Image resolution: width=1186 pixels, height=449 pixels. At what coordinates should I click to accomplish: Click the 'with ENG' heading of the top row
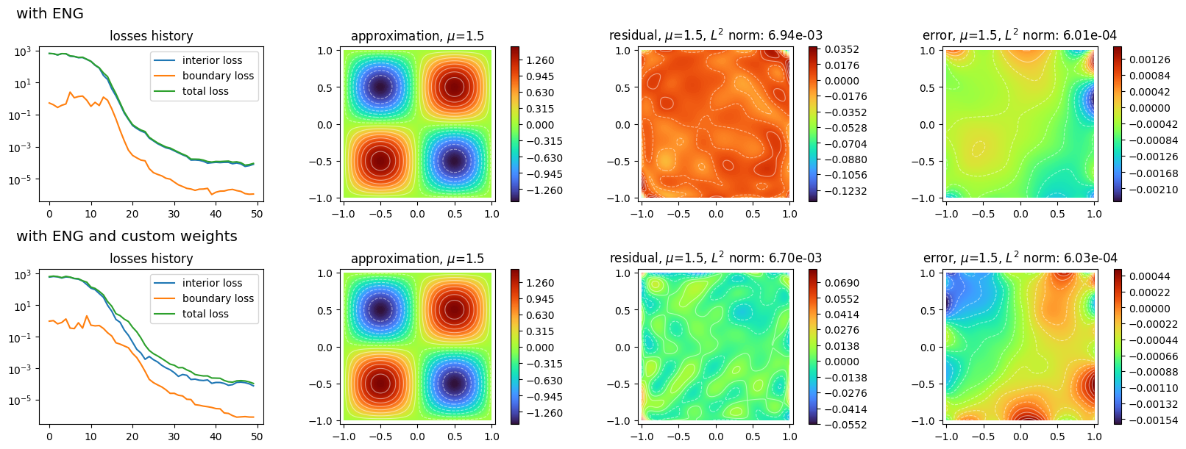pyautogui.click(x=50, y=13)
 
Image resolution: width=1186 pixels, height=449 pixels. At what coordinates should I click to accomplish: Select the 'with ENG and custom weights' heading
pyautogui.click(x=127, y=236)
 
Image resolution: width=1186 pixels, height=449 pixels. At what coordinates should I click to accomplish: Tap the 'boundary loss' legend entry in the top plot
pyautogui.click(x=218, y=76)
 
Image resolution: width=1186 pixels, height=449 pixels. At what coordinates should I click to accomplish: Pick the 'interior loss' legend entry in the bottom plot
pyautogui.click(x=213, y=283)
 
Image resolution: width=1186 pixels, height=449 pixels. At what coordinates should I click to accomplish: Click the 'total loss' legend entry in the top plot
pyautogui.click(x=205, y=91)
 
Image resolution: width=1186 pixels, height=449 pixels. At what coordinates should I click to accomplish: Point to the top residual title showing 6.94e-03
pyautogui.click(x=716, y=35)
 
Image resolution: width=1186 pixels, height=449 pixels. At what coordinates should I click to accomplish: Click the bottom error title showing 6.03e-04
pyautogui.click(x=1020, y=258)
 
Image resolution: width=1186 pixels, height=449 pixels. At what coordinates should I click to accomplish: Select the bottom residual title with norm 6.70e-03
pyautogui.click(x=716, y=258)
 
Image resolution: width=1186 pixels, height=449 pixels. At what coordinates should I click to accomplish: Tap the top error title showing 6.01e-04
pyautogui.click(x=1020, y=35)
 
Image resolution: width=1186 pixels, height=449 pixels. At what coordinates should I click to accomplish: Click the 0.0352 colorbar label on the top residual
pyautogui.click(x=842, y=50)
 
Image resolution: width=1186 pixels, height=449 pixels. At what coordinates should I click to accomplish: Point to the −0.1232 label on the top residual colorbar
pyautogui.click(x=845, y=191)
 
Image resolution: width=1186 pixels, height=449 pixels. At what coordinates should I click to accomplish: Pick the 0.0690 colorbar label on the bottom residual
pyautogui.click(x=842, y=283)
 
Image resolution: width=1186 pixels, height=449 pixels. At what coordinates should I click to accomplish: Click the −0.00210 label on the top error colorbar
pyautogui.click(x=1153, y=190)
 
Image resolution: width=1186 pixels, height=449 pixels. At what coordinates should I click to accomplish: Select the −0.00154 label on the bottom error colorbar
pyautogui.click(x=1153, y=420)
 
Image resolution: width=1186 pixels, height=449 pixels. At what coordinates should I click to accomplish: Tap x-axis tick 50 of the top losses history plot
pyautogui.click(x=257, y=214)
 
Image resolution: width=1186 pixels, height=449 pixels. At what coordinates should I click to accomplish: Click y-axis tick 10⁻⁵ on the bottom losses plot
pyautogui.click(x=20, y=400)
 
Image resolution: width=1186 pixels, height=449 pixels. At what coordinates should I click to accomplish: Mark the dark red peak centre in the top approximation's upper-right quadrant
pyautogui.click(x=454, y=87)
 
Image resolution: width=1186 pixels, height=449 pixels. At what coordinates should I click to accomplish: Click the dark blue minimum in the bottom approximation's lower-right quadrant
pyautogui.click(x=454, y=384)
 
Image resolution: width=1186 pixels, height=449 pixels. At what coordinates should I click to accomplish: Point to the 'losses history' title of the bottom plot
pyautogui.click(x=152, y=258)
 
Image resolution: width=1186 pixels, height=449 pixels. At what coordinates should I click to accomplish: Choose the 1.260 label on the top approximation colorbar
pyautogui.click(x=540, y=60)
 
